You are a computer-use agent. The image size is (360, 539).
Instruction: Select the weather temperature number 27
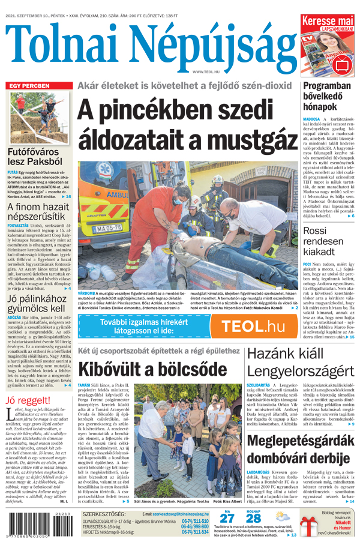pos(227,518)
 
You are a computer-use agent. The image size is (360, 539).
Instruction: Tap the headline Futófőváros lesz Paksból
pos(35,158)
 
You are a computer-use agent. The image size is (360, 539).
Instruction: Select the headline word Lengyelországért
pos(301,370)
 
